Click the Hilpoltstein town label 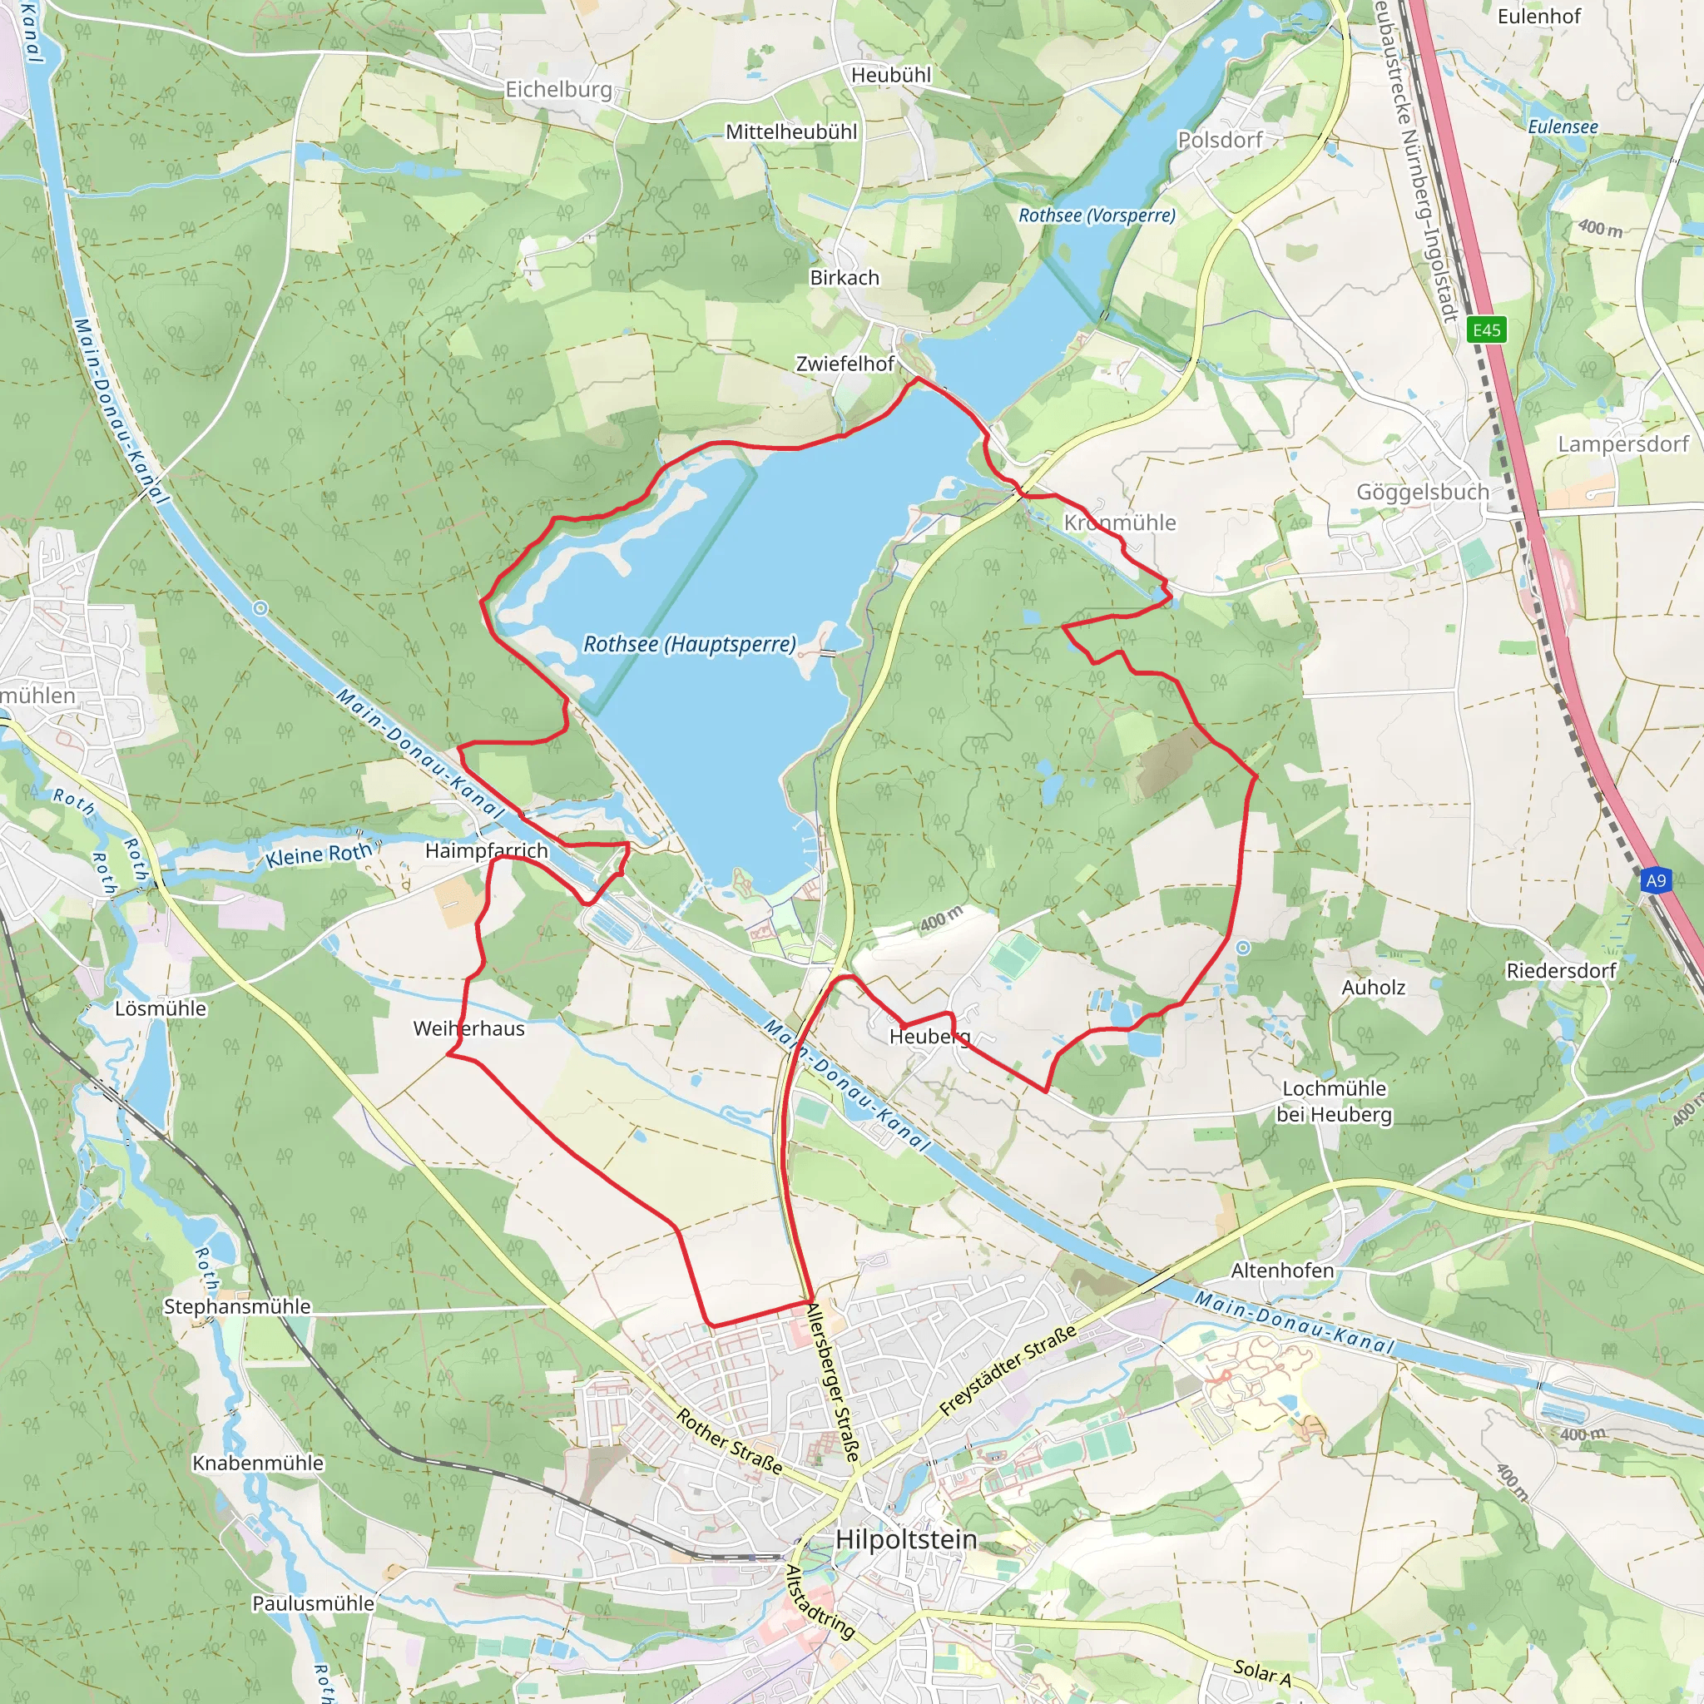click(x=906, y=1540)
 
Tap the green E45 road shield click(x=1486, y=329)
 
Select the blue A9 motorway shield click(x=1656, y=880)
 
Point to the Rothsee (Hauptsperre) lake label click(x=689, y=645)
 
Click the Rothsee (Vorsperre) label click(x=1097, y=215)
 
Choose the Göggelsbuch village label click(x=1422, y=493)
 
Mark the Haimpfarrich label click(x=486, y=850)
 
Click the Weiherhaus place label click(x=468, y=1028)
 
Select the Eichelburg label click(x=558, y=89)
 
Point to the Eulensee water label click(x=1562, y=127)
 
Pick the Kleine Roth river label click(x=319, y=854)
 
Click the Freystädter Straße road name click(x=1008, y=1370)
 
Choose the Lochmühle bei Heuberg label click(x=1334, y=1102)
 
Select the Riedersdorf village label click(x=1560, y=970)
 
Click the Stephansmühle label click(x=237, y=1306)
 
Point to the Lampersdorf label click(x=1622, y=443)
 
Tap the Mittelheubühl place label click(x=791, y=131)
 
